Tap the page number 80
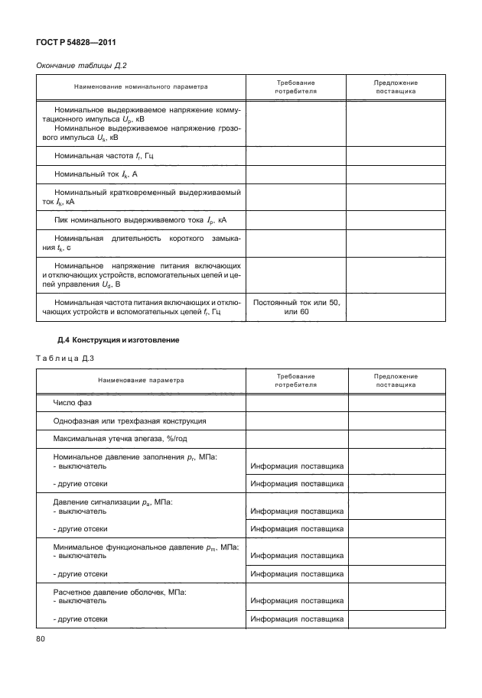pos(41,639)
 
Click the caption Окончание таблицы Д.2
pos(77,66)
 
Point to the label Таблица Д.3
pos(64,357)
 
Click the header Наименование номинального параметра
pos(141,86)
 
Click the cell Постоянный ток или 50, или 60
pos(296,307)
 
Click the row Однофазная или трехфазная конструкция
pos(129,421)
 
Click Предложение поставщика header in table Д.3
pos(396,380)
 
